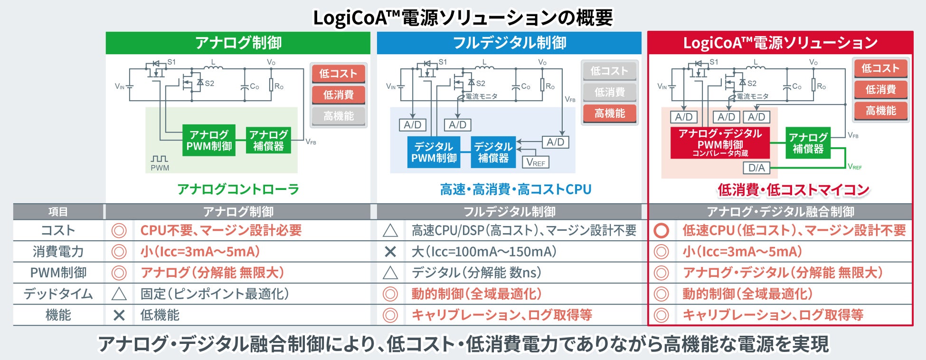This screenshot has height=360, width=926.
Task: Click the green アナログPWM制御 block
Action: point(209,141)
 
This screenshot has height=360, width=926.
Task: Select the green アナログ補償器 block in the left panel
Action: point(268,141)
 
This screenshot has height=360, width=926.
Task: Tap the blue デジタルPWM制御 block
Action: point(434,152)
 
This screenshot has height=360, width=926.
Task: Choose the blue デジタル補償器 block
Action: point(493,152)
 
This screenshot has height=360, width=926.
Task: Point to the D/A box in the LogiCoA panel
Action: point(756,168)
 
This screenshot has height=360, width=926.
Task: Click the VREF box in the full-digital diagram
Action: point(536,162)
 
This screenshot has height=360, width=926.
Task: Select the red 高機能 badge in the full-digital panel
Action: point(610,114)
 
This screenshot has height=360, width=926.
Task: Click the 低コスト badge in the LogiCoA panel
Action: point(880,68)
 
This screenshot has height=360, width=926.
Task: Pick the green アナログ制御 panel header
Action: point(238,43)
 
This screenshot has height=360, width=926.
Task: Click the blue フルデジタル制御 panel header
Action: point(509,43)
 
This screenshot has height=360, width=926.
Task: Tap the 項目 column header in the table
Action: point(58,212)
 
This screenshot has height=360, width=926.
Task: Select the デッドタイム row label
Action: point(58,294)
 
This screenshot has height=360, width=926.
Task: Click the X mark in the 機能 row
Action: point(119,315)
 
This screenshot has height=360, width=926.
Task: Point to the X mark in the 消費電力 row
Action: point(390,252)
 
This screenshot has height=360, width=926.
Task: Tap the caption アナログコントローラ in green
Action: point(238,189)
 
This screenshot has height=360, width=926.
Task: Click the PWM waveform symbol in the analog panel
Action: point(160,159)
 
